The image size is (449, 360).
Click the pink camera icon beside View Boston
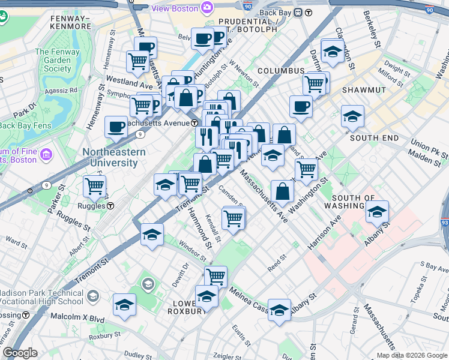[207, 8]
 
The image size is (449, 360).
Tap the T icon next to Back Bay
[309, 13]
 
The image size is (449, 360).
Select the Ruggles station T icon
[111, 206]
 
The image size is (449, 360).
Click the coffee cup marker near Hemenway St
[116, 127]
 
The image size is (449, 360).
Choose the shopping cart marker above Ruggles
[94, 186]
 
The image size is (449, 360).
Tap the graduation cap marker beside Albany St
[377, 212]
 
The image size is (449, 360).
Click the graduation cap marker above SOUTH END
[352, 116]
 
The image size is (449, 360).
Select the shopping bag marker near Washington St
[282, 192]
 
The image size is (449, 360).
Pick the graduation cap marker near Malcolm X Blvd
[124, 304]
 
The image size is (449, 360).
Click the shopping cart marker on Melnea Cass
[215, 277]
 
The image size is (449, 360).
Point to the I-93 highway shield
[445, 223]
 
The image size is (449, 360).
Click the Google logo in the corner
[20, 353]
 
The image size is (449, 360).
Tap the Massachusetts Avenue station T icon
[195, 122]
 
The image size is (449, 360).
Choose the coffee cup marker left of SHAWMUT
[301, 107]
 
